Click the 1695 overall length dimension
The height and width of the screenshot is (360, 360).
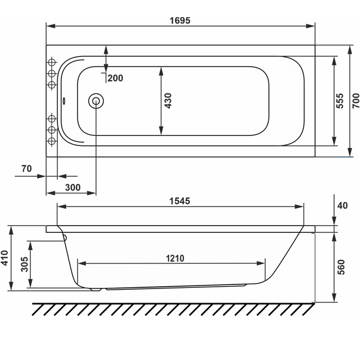[x=180, y=21]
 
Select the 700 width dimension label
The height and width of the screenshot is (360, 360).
[x=356, y=100]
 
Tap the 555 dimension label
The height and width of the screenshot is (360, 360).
[x=340, y=100]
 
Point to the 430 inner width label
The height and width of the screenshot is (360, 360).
[x=168, y=100]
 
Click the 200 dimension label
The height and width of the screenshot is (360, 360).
[x=115, y=78]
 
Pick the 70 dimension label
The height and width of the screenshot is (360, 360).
[x=27, y=168]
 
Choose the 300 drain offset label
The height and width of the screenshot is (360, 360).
[x=73, y=187]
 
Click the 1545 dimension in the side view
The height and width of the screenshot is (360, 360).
[x=180, y=201]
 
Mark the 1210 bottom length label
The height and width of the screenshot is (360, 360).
[x=175, y=258]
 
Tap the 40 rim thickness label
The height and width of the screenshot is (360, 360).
[x=342, y=206]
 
